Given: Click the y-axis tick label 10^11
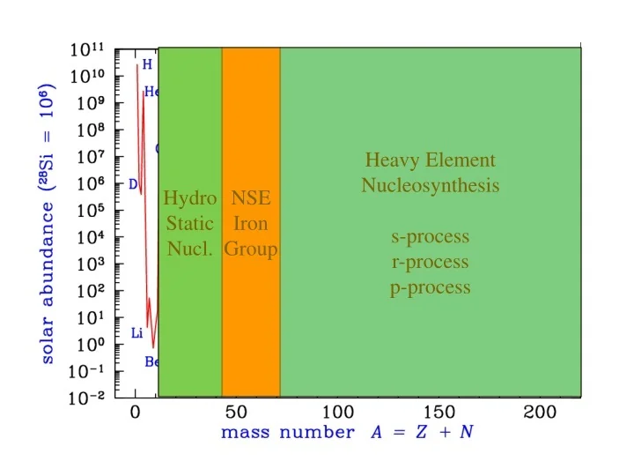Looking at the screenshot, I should coord(87,49).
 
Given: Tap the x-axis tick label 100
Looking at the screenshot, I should coord(338,413).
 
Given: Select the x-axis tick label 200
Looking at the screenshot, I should coord(540,413).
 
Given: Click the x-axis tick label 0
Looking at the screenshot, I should coord(135,413).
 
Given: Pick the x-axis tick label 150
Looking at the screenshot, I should coord(439,413).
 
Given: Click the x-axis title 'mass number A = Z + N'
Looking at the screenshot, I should coord(346,433).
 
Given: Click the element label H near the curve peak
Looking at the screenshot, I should coord(147,64).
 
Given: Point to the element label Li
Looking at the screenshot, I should coord(136,333).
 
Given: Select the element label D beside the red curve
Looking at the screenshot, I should coord(133,184).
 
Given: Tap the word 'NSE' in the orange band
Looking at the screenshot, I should coord(250,198).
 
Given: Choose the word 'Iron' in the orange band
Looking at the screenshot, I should coord(250,224).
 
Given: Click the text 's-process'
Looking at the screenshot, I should coord(430,237).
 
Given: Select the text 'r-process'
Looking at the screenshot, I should coord(430,263).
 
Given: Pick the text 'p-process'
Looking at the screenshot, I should coord(430,288).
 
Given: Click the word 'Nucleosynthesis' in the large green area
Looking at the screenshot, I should coord(430,186).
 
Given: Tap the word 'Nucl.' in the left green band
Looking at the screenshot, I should coord(189,249).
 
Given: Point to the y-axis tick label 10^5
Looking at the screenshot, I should coord(87,210).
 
